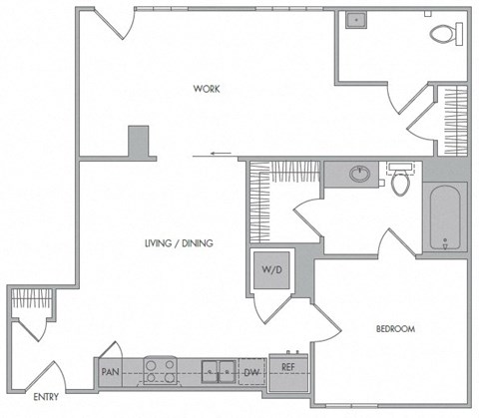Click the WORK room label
207,90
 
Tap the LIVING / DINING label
181,243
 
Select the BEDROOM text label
395,329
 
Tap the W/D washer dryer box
270,270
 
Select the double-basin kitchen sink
218,372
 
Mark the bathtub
444,217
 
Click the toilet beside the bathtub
401,181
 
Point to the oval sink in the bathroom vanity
359,175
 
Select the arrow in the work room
222,155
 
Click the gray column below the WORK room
139,142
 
